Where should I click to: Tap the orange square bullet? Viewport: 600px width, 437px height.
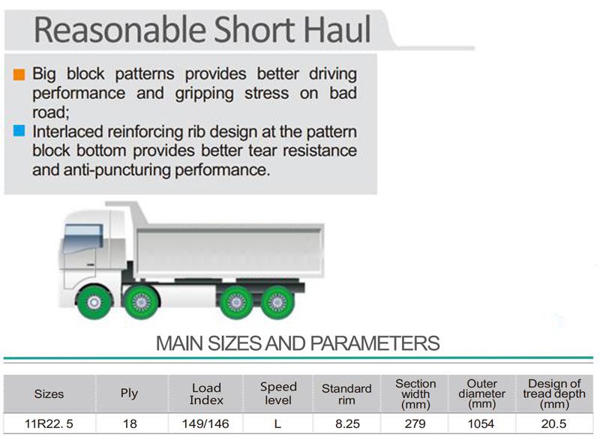pos(19,74)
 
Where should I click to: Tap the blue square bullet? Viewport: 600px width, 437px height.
pos(19,130)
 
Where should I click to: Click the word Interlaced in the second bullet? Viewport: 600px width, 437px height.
pos(67,131)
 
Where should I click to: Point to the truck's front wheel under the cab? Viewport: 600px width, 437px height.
pos(94,303)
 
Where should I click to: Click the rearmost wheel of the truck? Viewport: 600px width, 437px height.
pos(277,303)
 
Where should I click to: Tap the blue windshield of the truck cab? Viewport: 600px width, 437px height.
pos(82,239)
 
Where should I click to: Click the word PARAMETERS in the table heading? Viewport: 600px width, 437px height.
pos(374,343)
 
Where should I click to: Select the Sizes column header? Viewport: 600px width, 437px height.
pos(49,394)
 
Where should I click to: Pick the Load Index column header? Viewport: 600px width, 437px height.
pos(206,394)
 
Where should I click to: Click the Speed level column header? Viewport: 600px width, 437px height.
pos(278,394)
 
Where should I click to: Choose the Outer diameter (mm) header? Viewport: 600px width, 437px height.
pos(481,394)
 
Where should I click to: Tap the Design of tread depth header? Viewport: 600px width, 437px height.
pos(554,394)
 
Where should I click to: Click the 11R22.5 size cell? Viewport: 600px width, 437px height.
pos(49,424)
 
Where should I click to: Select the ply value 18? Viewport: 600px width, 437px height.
pos(130,424)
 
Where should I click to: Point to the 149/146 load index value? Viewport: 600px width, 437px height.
pos(205,424)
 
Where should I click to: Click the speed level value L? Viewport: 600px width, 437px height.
pos(277,424)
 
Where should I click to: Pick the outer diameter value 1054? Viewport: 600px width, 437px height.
pos(481,424)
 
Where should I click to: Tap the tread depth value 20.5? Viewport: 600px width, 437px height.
pos(553,424)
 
